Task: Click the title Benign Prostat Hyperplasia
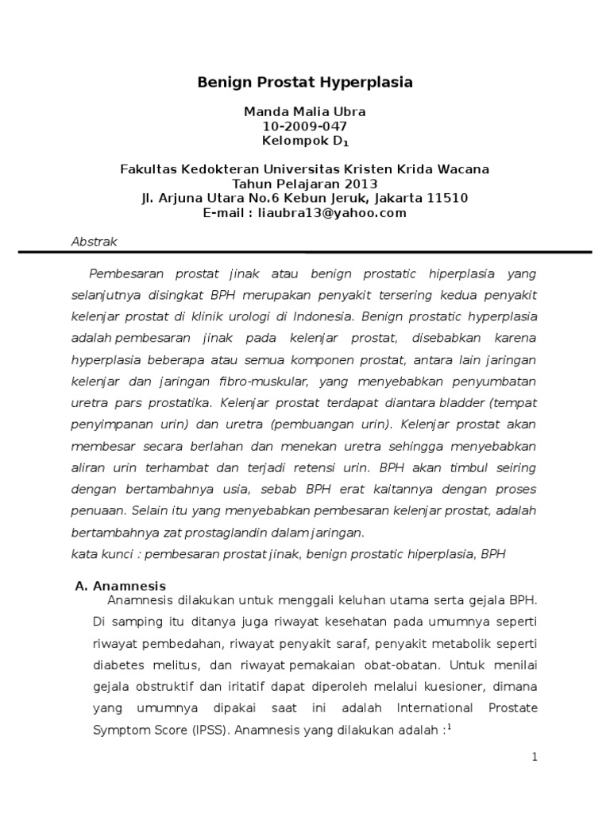(x=305, y=83)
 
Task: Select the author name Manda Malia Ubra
(x=305, y=112)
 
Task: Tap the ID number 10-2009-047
(x=305, y=126)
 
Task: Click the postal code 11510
(x=450, y=199)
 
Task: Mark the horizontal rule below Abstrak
(x=305, y=253)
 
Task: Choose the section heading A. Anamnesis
(x=121, y=586)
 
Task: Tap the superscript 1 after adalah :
(x=450, y=725)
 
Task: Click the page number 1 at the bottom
(x=535, y=757)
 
